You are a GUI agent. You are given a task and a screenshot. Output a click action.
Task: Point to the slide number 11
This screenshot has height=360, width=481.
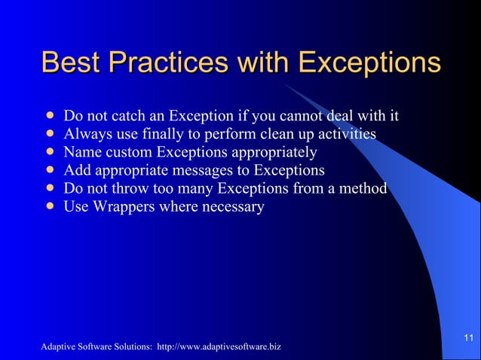tap(468, 336)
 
